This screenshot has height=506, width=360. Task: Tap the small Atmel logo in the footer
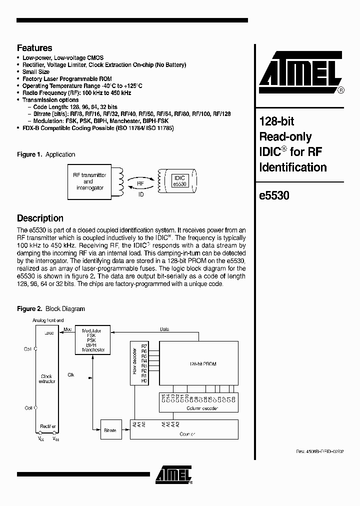coord(172,475)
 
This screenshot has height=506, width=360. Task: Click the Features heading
coord(34,48)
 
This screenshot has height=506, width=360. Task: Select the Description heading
coord(40,218)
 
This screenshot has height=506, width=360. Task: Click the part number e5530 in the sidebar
coord(274,196)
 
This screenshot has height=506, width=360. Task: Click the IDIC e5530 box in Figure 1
coord(178,181)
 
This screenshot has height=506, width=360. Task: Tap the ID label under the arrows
coord(141,194)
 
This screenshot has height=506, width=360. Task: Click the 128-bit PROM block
coord(199,364)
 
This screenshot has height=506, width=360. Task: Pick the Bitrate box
coord(110,430)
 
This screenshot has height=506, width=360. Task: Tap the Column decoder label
coord(199,408)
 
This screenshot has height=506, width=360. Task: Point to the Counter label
coord(187,434)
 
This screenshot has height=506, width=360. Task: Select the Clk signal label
coord(71,374)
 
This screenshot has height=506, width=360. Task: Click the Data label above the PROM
coord(164,329)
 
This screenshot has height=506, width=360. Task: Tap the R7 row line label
coord(144,346)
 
